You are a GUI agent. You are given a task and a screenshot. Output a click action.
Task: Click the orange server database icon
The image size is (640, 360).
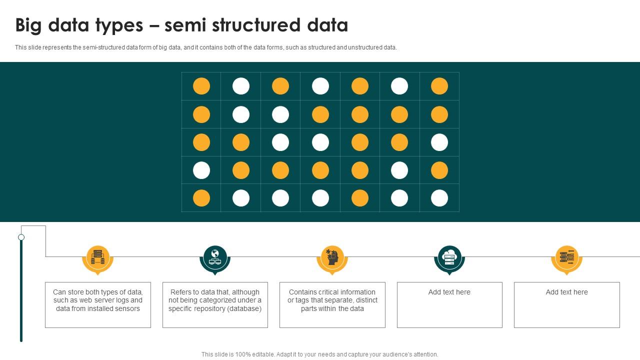tap(98, 257)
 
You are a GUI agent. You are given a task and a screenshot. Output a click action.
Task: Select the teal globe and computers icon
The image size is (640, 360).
tap(215, 257)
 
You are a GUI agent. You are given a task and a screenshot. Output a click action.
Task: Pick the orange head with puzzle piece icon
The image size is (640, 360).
tap(332, 257)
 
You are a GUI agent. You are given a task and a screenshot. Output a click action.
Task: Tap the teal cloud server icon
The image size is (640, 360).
tap(449, 257)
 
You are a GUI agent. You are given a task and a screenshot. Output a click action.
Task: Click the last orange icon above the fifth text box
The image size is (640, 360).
tap(566, 257)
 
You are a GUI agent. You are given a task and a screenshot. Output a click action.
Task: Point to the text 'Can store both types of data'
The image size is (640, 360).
tap(98, 292)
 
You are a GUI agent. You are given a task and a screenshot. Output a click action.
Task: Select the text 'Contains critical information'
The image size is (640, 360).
tap(332, 292)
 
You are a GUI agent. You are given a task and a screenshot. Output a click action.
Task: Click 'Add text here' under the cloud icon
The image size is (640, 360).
tap(449, 292)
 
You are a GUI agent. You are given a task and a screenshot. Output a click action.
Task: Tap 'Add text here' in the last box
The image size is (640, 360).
tap(566, 292)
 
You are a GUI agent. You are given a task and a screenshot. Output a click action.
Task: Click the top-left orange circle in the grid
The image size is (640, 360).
tap(201, 86)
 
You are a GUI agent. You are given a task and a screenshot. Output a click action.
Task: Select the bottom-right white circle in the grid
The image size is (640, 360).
tap(439, 198)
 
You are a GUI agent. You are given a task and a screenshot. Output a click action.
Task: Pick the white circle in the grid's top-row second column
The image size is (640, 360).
tap(241, 86)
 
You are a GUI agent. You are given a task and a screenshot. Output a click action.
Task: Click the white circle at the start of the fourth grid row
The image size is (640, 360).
tap(201, 170)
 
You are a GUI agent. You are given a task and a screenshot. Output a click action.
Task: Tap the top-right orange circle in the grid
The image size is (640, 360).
tap(439, 86)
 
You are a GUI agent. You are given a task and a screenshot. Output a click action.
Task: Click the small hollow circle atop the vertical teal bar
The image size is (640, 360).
tap(21, 237)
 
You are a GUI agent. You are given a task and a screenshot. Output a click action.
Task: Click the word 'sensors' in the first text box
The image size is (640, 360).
tap(127, 308)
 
